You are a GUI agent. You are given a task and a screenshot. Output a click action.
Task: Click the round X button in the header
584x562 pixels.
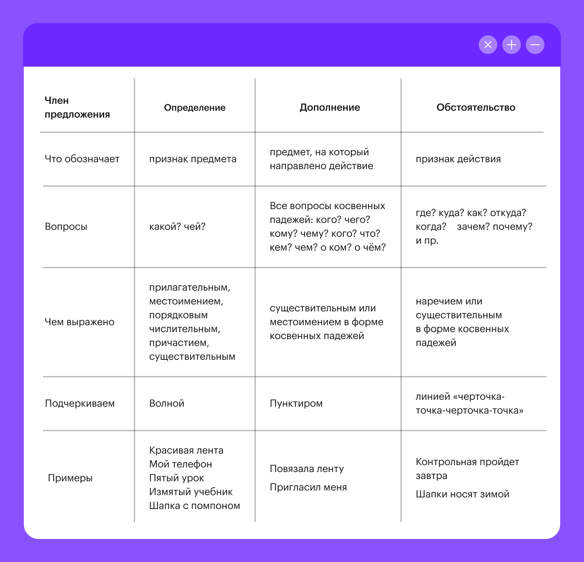click(x=488, y=45)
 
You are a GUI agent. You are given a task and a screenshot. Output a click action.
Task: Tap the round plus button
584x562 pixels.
click(x=511, y=45)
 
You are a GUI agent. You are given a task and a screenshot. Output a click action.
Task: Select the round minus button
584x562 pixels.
click(x=535, y=45)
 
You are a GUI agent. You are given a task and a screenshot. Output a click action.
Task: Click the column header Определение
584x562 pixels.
click(x=194, y=108)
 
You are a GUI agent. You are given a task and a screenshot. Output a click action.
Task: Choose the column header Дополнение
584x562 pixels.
click(x=330, y=108)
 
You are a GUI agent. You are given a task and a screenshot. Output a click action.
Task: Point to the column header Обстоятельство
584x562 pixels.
click(x=476, y=108)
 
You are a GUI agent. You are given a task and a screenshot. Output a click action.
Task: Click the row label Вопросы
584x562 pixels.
click(x=66, y=227)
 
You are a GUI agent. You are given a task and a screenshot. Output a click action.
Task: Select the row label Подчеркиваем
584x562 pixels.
click(x=80, y=404)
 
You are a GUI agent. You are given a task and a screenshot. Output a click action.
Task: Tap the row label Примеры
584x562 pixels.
click(x=70, y=478)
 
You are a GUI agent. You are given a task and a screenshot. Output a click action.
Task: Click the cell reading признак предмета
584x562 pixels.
click(x=192, y=159)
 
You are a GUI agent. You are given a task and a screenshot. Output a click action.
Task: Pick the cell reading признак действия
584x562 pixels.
click(x=458, y=159)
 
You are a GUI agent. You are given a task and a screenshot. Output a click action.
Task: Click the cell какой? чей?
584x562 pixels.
click(x=177, y=227)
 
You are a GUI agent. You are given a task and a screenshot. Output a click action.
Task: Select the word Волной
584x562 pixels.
click(x=167, y=404)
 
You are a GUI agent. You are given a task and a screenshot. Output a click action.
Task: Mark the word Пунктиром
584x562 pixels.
click(x=296, y=404)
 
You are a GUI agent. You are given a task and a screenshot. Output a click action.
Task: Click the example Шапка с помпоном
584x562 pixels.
click(x=194, y=506)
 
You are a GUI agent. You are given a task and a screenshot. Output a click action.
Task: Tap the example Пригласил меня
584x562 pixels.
click(x=308, y=487)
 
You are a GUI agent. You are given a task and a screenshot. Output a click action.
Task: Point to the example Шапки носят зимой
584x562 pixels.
click(x=462, y=494)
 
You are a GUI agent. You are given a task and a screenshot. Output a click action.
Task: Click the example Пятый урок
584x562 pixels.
click(x=176, y=478)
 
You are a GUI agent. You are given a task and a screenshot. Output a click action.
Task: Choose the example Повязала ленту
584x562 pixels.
click(x=307, y=469)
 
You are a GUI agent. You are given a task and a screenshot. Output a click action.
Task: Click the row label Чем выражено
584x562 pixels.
click(x=80, y=322)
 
